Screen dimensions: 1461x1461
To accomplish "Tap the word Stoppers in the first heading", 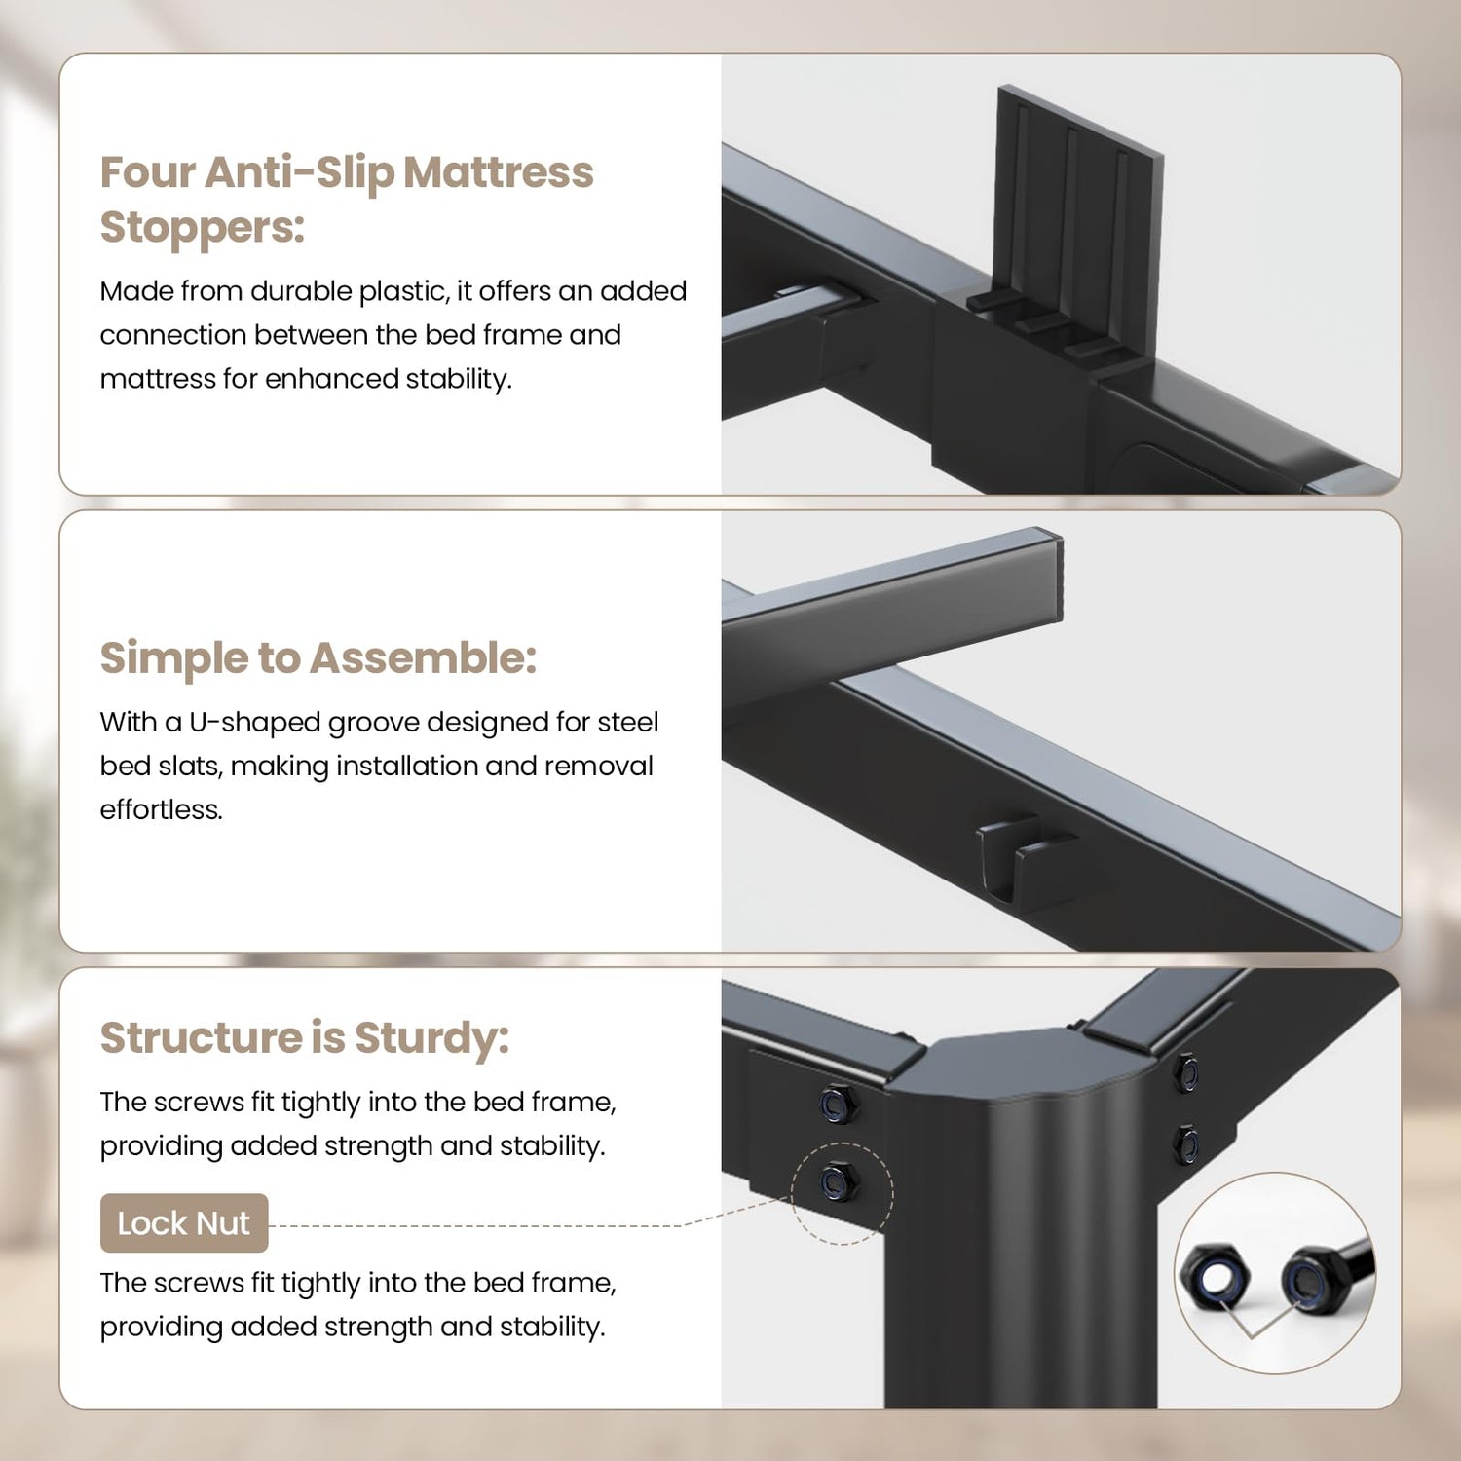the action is click(202, 228).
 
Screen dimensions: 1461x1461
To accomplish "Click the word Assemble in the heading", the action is click(423, 658).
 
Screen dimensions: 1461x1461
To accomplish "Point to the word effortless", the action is click(161, 809).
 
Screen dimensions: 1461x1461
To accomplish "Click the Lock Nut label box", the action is click(184, 1223).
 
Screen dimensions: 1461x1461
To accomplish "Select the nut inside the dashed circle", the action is click(838, 1181).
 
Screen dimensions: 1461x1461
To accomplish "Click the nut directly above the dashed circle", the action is click(837, 1104).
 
